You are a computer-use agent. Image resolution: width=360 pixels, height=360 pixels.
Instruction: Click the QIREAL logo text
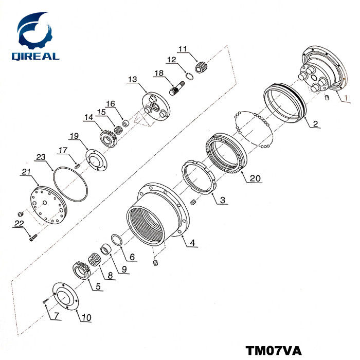tap(35, 56)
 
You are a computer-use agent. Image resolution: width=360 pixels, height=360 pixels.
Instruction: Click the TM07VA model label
tap(274, 350)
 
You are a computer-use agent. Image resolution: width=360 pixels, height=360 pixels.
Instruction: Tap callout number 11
tap(183, 49)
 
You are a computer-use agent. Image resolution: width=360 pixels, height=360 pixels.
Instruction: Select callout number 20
tap(255, 178)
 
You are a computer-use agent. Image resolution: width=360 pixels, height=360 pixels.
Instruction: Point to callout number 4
tap(192, 242)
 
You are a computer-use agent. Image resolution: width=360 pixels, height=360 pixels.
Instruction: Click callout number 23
tap(41, 157)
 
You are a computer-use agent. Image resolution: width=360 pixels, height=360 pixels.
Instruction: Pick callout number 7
tap(57, 316)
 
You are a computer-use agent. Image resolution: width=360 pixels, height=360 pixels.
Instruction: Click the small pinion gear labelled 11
tap(200, 67)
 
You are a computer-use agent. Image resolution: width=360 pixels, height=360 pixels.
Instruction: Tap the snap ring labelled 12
tap(190, 76)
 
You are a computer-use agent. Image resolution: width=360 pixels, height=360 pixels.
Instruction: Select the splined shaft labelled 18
tap(177, 88)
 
